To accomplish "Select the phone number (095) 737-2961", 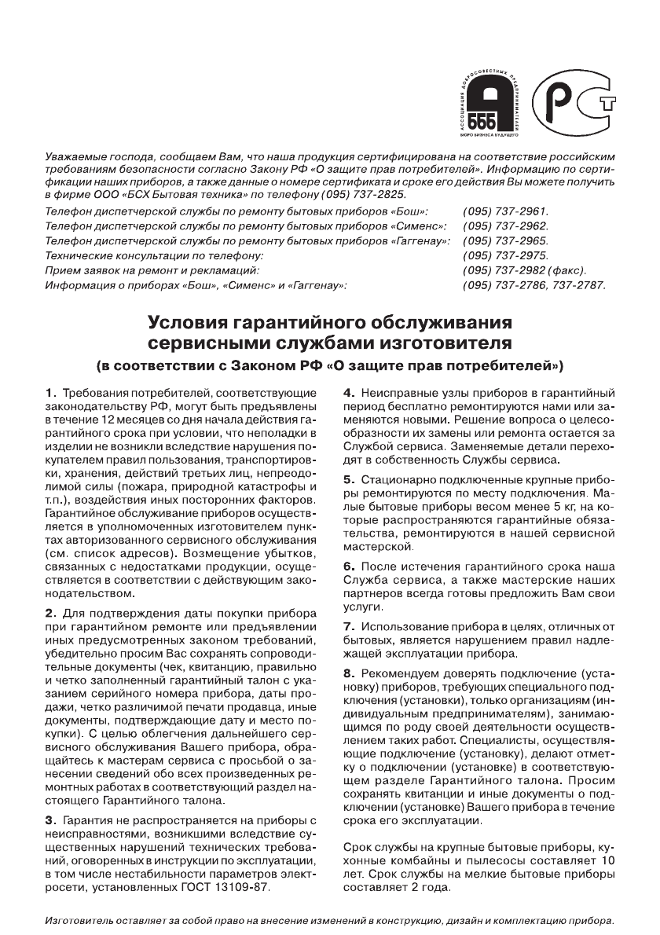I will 506,212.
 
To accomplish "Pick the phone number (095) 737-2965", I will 506,241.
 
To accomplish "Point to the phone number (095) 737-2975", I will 506,256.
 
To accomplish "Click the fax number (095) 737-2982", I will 506,270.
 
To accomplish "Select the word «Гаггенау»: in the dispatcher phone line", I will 420,241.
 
